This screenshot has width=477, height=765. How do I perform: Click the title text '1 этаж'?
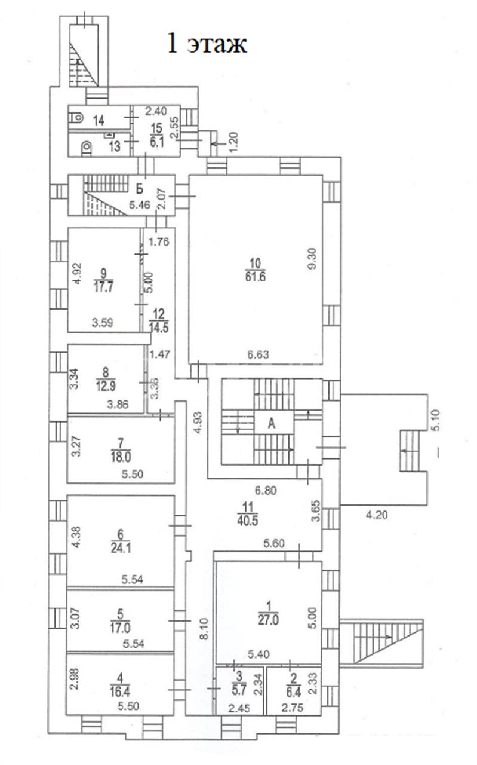[207, 44]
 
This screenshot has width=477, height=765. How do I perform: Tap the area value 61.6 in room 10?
[256, 276]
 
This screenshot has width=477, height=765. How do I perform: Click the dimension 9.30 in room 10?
[312, 259]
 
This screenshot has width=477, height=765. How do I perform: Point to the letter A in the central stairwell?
[272, 424]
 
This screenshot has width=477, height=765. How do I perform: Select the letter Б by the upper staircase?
[139, 188]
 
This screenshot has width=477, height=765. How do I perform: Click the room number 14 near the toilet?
[99, 120]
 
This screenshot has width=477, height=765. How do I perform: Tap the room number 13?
[115, 146]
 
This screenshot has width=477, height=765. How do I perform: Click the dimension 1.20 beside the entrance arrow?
[234, 142]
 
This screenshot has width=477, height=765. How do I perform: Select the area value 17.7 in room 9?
[103, 287]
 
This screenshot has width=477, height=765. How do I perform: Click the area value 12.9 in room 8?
[106, 386]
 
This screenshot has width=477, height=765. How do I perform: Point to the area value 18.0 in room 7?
[121, 457]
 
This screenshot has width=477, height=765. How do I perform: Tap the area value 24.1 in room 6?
[121, 548]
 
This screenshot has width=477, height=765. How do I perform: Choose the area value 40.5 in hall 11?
[247, 521]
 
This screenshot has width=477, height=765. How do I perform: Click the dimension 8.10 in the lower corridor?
[204, 629]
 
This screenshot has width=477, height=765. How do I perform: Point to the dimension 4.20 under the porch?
[377, 515]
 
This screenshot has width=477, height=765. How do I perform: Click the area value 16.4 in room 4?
[120, 692]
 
